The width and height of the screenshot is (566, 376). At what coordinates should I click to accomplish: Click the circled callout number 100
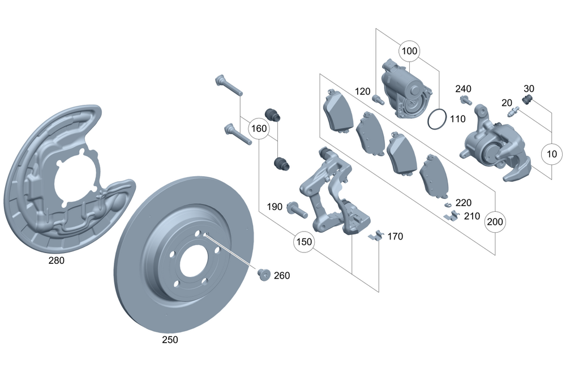pyautogui.click(x=409, y=51)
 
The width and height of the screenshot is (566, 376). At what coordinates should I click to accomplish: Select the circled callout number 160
pyautogui.click(x=259, y=129)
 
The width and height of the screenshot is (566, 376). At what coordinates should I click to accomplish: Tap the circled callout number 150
pyautogui.click(x=304, y=242)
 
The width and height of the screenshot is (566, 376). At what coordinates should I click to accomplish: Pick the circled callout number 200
pyautogui.click(x=495, y=222)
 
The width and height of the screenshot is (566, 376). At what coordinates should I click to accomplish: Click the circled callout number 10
pyautogui.click(x=552, y=153)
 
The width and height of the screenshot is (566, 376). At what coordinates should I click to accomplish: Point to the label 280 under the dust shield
pyautogui.click(x=56, y=261)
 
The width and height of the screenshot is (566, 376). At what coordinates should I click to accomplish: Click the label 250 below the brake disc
pyautogui.click(x=170, y=340)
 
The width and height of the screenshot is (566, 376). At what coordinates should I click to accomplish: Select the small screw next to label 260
pyautogui.click(x=263, y=275)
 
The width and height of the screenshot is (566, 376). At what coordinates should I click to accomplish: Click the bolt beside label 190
pyautogui.click(x=296, y=209)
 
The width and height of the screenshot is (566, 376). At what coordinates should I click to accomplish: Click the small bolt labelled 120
pyautogui.click(x=378, y=100)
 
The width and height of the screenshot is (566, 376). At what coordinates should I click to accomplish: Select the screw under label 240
pyautogui.click(x=466, y=101)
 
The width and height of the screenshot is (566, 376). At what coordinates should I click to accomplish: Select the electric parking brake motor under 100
pyautogui.click(x=406, y=87)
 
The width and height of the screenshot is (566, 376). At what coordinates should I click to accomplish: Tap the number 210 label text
pyautogui.click(x=471, y=216)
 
